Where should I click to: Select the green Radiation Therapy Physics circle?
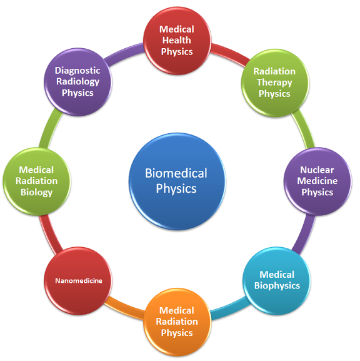click(274, 83)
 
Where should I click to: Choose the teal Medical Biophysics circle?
click(276, 280)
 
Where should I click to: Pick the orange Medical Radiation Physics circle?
click(177, 321)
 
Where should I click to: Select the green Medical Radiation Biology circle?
click(36, 181)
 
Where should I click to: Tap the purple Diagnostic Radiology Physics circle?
click(79, 82)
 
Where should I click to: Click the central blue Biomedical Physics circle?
click(177, 181)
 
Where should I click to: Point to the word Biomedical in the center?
click(176, 173)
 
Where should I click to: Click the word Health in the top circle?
click(177, 40)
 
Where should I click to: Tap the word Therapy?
click(274, 83)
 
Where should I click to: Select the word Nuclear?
click(317, 170)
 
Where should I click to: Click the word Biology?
click(36, 192)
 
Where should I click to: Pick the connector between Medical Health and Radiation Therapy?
click(227, 52)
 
